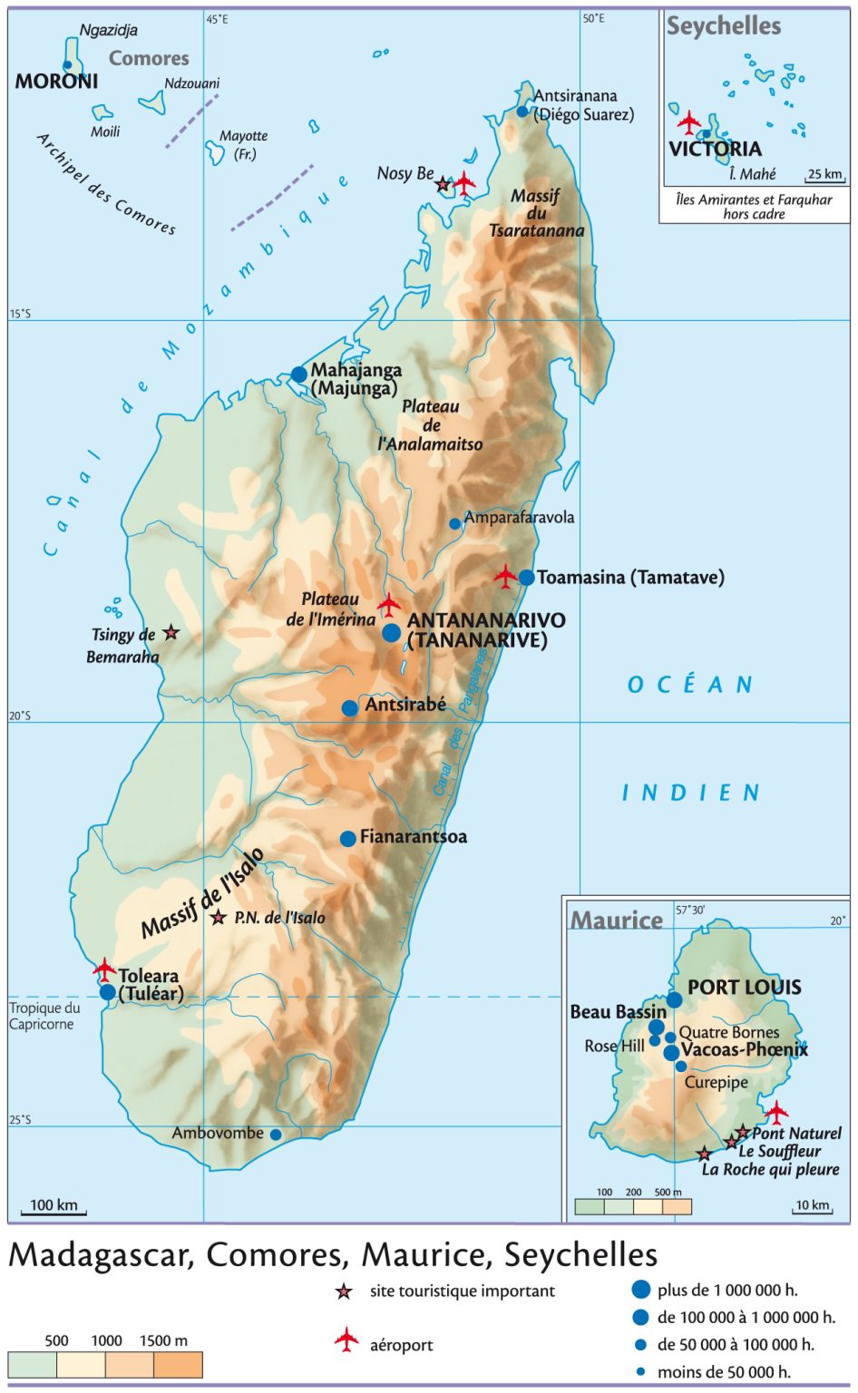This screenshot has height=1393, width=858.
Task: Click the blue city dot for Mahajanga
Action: pyautogui.click(x=298, y=375)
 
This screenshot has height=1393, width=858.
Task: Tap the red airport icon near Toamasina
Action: pyautogui.click(x=505, y=575)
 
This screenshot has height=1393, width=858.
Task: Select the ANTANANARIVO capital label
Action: pyautogui.click(x=486, y=621)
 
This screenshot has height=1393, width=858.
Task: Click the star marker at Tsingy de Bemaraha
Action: pyautogui.click(x=171, y=633)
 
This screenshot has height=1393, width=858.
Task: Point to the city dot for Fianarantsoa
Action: pyautogui.click(x=347, y=839)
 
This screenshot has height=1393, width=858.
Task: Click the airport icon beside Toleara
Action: pyautogui.click(x=105, y=969)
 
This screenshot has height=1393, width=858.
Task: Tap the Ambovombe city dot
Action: pyautogui.click(x=276, y=1135)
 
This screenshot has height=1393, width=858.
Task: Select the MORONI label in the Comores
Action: pyautogui.click(x=56, y=82)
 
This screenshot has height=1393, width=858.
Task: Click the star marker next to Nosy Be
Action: pyautogui.click(x=443, y=184)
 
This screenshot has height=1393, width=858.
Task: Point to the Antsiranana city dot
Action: pyautogui.click(x=522, y=112)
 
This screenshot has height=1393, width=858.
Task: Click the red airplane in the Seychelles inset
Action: pyautogui.click(x=689, y=122)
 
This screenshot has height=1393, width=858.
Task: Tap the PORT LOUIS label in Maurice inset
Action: pyautogui.click(x=744, y=988)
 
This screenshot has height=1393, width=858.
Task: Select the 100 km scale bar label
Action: pyautogui.click(x=54, y=1205)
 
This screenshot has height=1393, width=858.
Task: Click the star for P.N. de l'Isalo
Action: pyautogui.click(x=218, y=918)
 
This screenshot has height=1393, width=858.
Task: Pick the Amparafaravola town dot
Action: pyautogui.click(x=455, y=523)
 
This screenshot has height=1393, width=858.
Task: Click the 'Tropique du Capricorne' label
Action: pyautogui.click(x=44, y=1016)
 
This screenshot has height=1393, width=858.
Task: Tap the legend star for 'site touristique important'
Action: pyautogui.click(x=344, y=1291)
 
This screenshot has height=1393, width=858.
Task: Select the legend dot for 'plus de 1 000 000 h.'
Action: pyautogui.click(x=641, y=1290)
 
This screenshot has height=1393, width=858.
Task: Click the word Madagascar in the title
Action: pyautogui.click(x=99, y=1255)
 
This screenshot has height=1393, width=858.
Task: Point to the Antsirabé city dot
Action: pyautogui.click(x=349, y=708)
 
